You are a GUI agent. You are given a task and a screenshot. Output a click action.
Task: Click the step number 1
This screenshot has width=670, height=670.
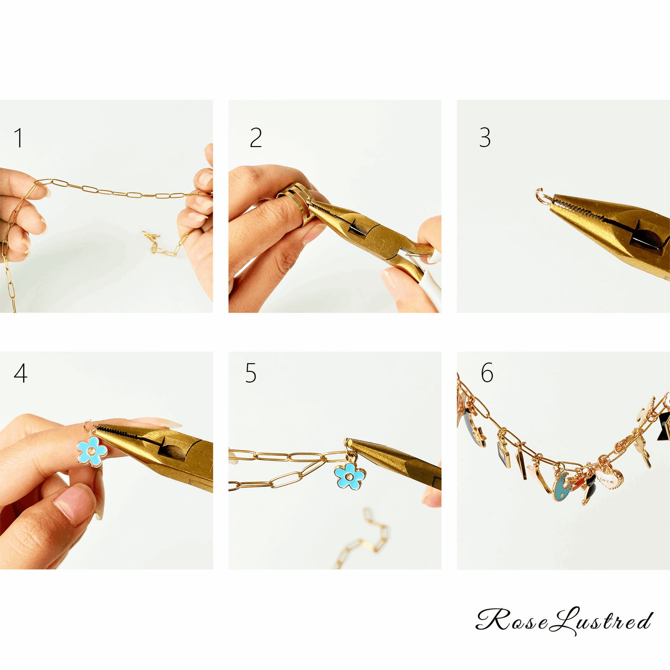[19, 138]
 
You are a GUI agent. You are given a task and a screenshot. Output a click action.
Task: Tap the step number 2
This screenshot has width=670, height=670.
[256, 138]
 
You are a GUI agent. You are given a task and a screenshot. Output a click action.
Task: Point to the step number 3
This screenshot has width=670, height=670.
[485, 137]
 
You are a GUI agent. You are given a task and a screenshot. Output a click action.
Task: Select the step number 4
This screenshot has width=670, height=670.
[20, 373]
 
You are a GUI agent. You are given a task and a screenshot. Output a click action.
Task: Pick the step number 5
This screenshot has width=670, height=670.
[251, 373]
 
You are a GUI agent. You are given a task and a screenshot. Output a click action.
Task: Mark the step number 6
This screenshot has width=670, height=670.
[487, 372]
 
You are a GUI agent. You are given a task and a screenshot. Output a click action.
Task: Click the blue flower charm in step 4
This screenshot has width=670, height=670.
[92, 452]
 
